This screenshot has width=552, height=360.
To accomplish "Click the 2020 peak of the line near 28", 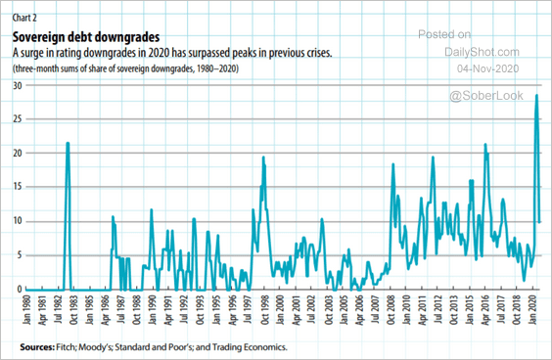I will pyautogui.click(x=536, y=95).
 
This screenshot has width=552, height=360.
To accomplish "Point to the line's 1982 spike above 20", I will pyautogui.click(x=68, y=143).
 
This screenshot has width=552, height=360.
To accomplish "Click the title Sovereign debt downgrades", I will pyautogui.click(x=86, y=37).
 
